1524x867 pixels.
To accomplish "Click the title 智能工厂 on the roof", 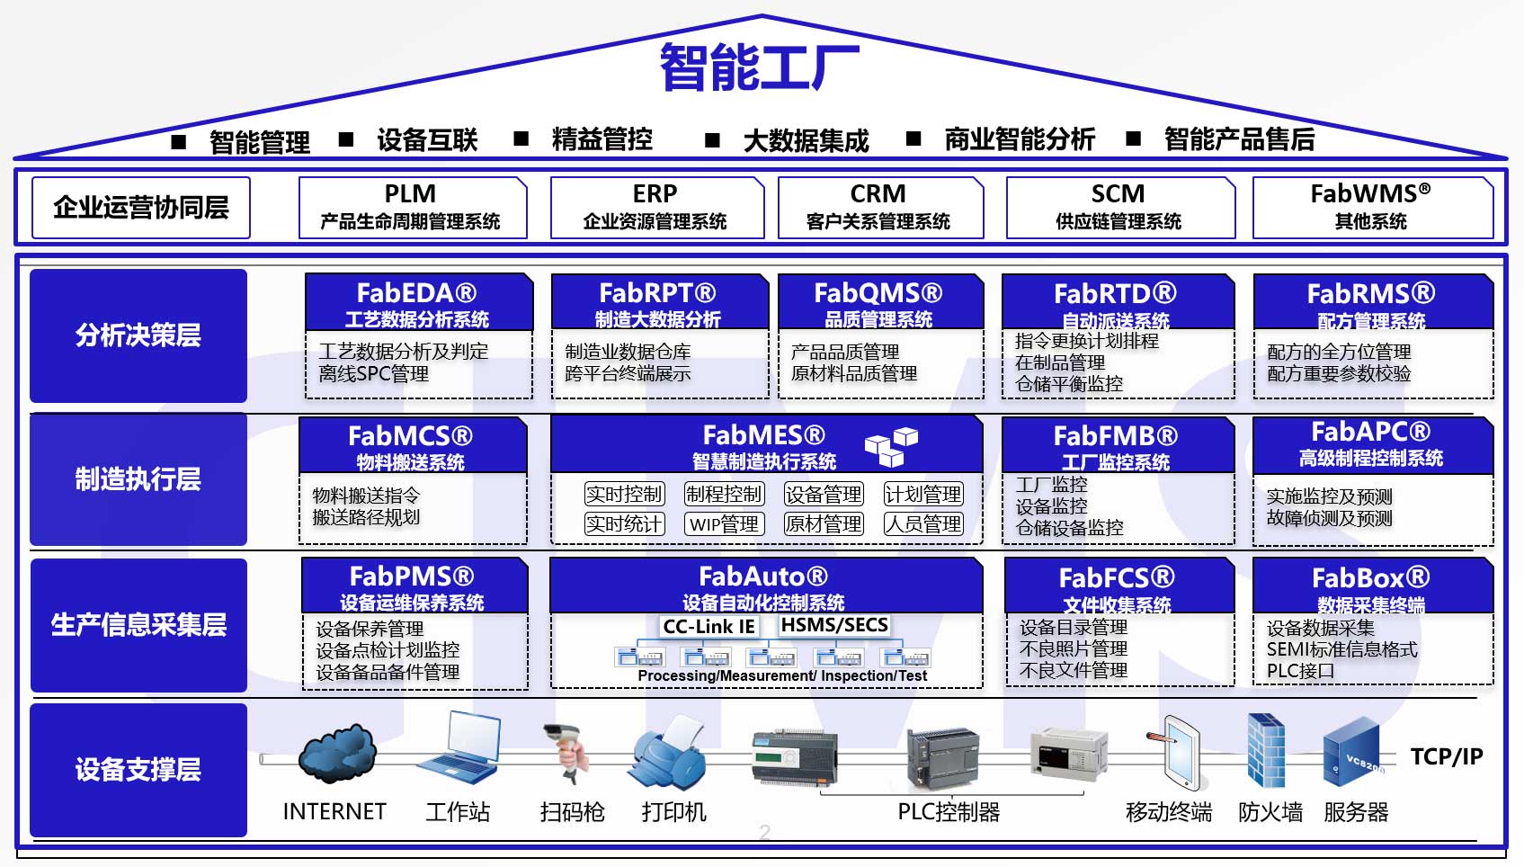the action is pos(760,67).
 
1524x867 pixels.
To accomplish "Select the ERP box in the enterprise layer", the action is pos(656,208).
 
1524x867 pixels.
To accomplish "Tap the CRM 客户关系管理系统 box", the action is pos(880,208).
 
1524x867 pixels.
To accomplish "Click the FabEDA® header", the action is pos(418,302).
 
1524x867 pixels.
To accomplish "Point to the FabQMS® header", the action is pos(880,302).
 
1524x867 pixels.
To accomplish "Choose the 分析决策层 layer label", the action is pos(138,335).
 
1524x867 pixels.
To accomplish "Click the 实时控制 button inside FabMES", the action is pos(625,494).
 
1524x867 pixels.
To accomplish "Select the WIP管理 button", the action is pos(724,524).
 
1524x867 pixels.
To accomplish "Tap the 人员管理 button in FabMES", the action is pos(923,524).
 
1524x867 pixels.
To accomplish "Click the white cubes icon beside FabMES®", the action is pos(891,446).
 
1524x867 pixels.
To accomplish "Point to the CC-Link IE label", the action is pos(709,626).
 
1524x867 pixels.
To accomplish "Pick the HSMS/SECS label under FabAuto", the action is pos(834,625).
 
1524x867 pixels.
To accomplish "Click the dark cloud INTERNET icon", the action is pos(337,754).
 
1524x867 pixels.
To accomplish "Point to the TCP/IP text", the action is pos(1447,756).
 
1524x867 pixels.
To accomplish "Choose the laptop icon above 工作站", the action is pos(460,747).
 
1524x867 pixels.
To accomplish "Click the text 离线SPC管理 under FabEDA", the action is pos(373,373).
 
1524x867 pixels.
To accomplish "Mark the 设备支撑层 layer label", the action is pos(138,770).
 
